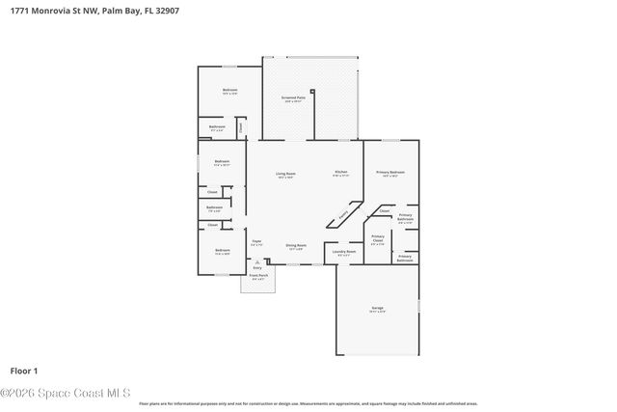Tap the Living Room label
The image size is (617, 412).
[285, 175]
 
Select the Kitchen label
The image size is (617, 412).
[340, 173]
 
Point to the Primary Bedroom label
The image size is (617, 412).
[390, 173]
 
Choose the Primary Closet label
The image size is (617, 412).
[378, 237]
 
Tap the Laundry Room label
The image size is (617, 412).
[343, 253]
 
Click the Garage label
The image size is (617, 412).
[377, 310]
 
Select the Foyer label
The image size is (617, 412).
[256, 242]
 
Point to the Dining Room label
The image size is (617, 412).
[296, 246]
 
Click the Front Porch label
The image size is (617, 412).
[258, 276]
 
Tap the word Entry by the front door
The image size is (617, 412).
[257, 267]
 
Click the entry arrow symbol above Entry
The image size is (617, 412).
[257, 261]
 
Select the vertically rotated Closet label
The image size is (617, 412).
[241, 124]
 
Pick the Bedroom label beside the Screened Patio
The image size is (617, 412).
[229, 91]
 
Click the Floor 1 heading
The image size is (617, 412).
[23, 371]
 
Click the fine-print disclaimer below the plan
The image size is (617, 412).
[308, 404]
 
